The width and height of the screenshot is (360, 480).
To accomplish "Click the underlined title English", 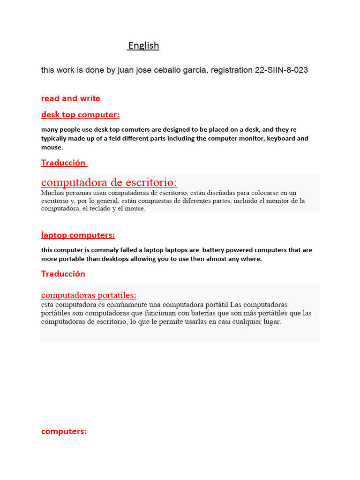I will tap(143, 45).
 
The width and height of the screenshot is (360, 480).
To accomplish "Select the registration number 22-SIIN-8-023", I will tap(281, 70).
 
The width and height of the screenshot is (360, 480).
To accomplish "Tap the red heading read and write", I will tap(71, 98).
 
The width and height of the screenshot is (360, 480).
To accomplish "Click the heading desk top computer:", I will tap(80, 115).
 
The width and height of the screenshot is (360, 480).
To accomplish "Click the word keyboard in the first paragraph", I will tap(281, 138).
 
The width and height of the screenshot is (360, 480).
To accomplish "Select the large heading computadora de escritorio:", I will tap(109, 182).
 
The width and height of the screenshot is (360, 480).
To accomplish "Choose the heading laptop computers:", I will tap(78, 235).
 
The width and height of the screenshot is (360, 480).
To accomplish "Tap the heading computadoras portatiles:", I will tap(89, 295).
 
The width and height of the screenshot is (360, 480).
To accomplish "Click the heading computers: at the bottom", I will tap(64, 432).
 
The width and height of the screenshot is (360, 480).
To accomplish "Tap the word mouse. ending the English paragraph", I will tap(52, 147).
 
